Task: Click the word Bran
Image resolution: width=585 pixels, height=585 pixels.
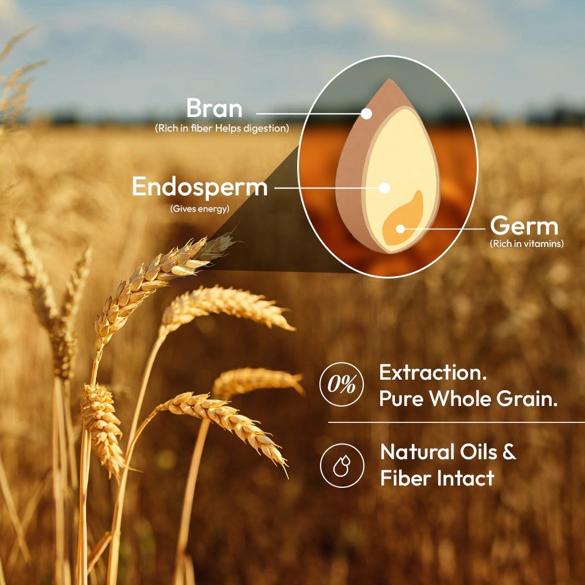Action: [x=214, y=108]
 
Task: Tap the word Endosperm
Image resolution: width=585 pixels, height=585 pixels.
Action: [x=200, y=187]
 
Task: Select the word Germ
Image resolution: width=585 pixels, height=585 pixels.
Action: [x=524, y=226]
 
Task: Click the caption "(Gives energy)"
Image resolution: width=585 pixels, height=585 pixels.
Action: [x=199, y=209]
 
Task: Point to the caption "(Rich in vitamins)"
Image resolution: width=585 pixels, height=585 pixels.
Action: [x=527, y=243]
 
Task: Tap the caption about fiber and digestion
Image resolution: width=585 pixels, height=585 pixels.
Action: [x=222, y=128]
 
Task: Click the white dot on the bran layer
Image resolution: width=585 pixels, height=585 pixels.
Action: [x=366, y=113]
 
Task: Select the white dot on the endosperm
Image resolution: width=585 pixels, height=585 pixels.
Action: [x=384, y=188]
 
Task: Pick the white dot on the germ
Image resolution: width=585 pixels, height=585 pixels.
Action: [x=400, y=229]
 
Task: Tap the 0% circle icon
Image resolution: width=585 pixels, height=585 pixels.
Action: [x=342, y=384]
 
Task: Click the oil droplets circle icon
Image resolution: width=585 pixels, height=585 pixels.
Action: [x=342, y=466]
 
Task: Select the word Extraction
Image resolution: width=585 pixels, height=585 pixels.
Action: [x=433, y=372]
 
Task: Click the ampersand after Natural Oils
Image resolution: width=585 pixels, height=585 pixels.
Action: [x=510, y=452]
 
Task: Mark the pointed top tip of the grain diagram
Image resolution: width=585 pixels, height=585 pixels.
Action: [x=390, y=79]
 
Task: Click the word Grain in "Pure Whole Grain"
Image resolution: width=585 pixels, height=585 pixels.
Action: [x=527, y=398]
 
